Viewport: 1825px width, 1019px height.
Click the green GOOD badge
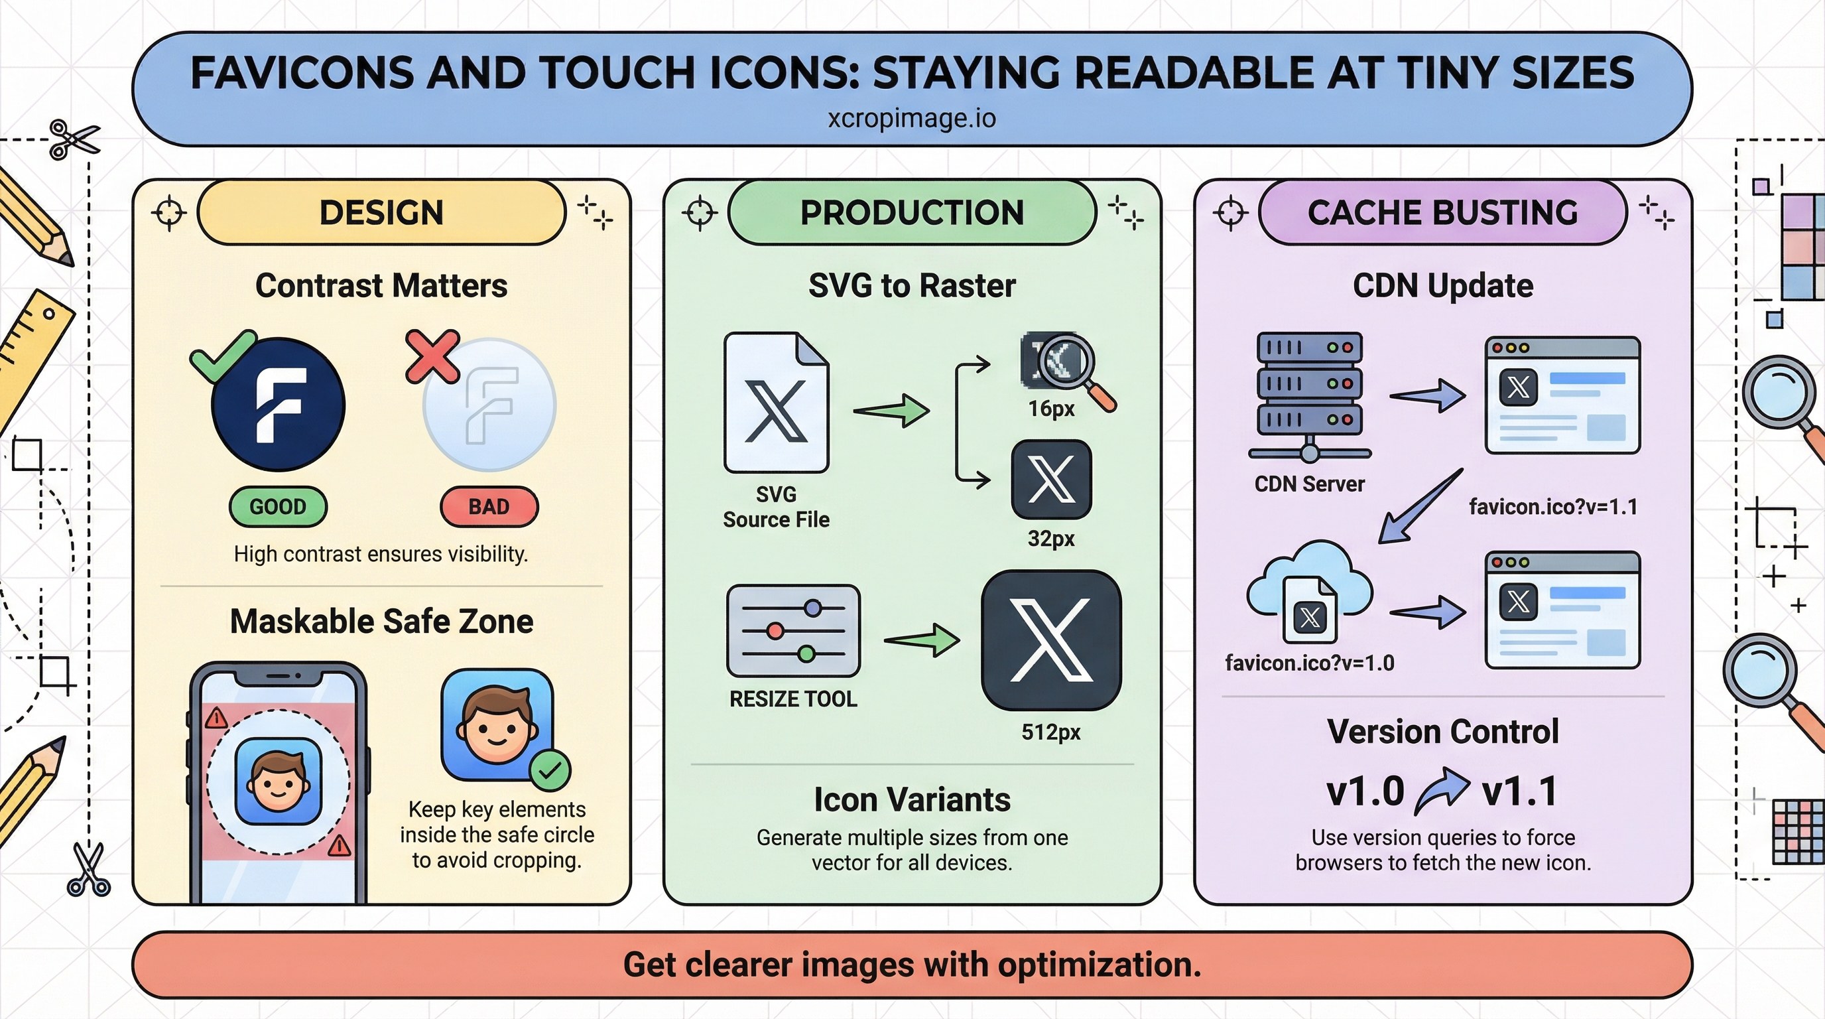[278, 507]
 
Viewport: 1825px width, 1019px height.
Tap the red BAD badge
[489, 507]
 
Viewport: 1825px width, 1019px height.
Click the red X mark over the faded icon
[432, 356]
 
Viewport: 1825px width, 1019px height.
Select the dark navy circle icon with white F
[279, 405]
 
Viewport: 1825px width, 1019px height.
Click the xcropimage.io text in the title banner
[912, 117]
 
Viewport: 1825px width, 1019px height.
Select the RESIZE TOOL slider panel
[794, 631]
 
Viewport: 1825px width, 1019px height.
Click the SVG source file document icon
[776, 403]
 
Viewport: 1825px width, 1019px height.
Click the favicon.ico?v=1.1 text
[1553, 507]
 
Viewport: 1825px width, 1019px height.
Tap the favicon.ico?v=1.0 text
[1309, 663]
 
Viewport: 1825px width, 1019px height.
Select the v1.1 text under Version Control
[1520, 791]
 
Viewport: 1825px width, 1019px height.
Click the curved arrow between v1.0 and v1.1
[1442, 791]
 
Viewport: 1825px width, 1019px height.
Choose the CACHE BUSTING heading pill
[1442, 212]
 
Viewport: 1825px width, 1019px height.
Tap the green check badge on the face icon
[550, 770]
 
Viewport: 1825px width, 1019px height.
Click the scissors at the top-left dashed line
[74, 138]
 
